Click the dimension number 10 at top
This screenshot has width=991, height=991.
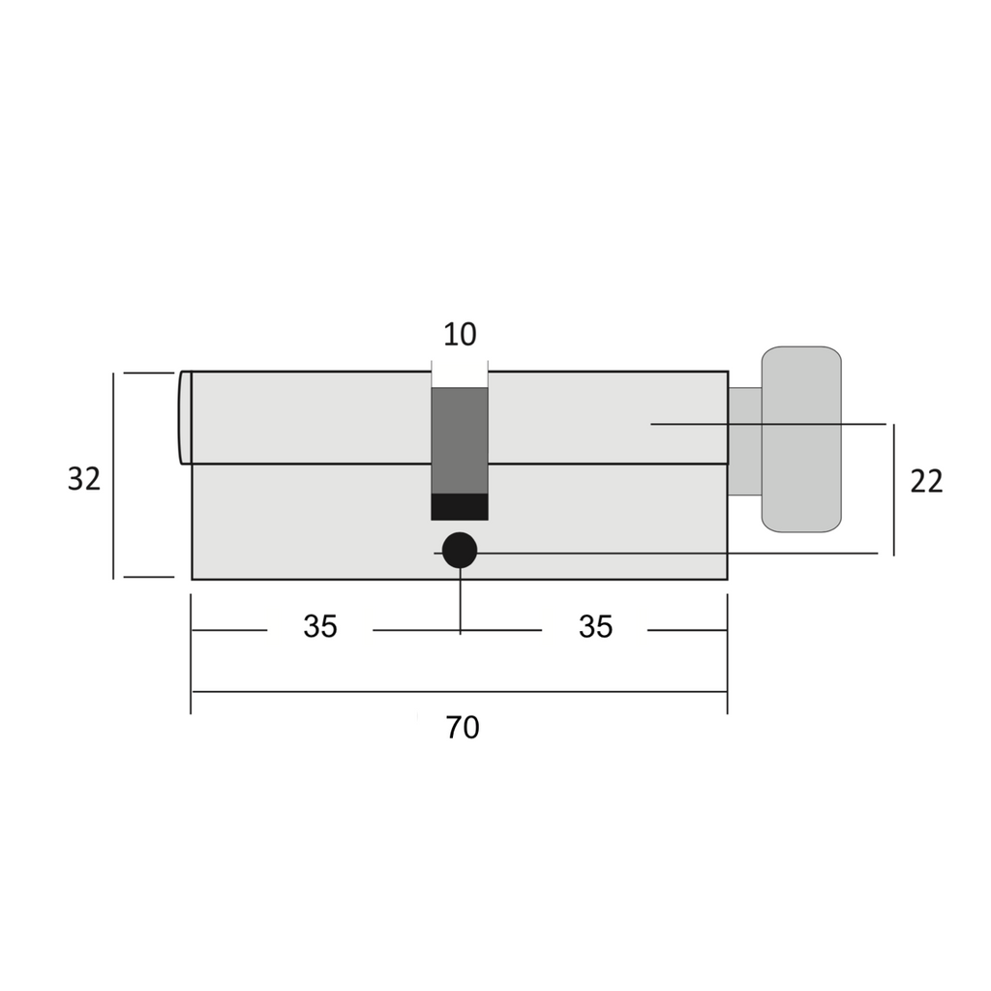[460, 334]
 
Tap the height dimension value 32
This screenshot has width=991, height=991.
[84, 479]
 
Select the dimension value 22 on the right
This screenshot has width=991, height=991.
[926, 482]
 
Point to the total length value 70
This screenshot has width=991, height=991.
[463, 728]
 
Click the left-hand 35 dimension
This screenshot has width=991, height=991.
[320, 627]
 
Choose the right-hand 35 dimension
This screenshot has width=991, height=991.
[595, 627]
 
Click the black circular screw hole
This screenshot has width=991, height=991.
[460, 551]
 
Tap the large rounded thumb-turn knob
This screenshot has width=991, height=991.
[801, 439]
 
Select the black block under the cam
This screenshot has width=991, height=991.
[460, 507]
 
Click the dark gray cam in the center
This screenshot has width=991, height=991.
[460, 440]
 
